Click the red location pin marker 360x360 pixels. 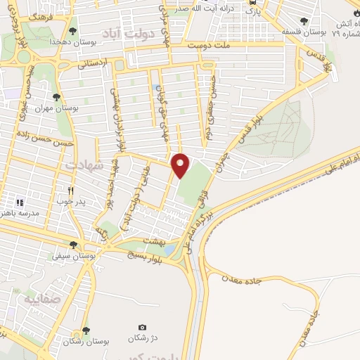click(181, 165)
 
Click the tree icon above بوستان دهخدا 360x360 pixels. click(73, 31)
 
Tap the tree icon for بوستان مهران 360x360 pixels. click(56, 98)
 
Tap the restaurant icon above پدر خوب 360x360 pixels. click(70, 191)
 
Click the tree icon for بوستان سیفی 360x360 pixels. click(83, 245)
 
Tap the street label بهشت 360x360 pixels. click(153, 240)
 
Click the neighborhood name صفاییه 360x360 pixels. click(39, 299)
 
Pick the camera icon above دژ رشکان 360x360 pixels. click(143, 328)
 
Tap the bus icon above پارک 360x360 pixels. click(252, 3)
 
